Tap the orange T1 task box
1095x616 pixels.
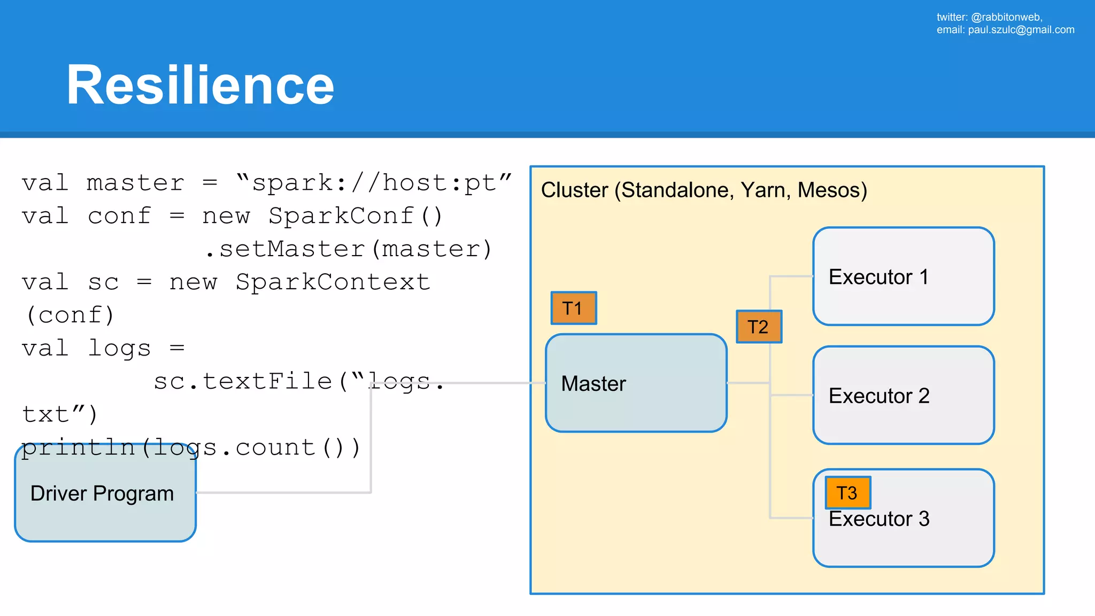coord(573,308)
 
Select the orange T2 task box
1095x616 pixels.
coord(759,326)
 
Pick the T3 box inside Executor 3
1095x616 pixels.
coord(847,492)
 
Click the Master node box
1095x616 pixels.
coord(636,383)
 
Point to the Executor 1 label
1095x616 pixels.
coord(878,277)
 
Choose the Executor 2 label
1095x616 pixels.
coord(878,396)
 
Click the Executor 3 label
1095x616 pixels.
coord(878,519)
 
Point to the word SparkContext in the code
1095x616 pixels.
coord(333,282)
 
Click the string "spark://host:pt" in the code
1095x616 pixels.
coord(374,183)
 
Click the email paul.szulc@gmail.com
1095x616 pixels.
coord(1021,30)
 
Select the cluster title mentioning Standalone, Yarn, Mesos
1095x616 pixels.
coord(704,190)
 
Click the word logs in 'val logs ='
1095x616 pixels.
coord(119,349)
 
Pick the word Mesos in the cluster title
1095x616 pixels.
coord(831,190)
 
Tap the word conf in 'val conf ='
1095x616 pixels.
coord(119,216)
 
